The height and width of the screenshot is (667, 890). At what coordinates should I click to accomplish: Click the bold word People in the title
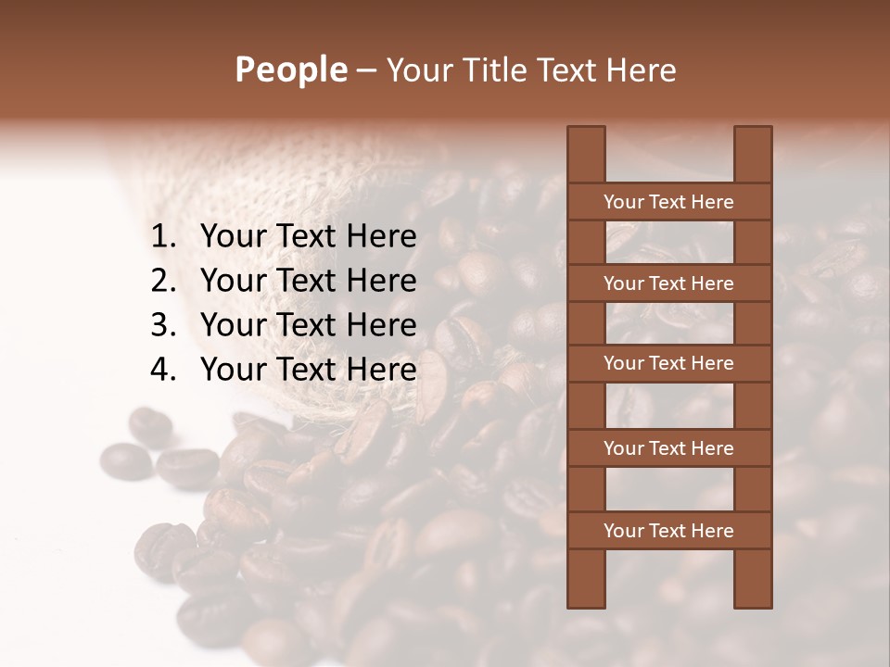click(290, 70)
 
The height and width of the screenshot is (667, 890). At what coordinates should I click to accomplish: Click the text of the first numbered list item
click(308, 237)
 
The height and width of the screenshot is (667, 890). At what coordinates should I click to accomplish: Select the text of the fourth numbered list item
click(308, 370)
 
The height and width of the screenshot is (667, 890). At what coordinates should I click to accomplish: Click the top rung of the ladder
click(668, 202)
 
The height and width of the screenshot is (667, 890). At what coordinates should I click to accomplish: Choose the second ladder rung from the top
click(668, 283)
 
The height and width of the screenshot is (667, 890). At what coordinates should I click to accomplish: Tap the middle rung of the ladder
click(668, 363)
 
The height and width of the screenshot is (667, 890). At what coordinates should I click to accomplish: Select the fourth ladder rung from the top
click(668, 448)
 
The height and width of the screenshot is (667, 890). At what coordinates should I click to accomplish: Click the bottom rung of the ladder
click(668, 531)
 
